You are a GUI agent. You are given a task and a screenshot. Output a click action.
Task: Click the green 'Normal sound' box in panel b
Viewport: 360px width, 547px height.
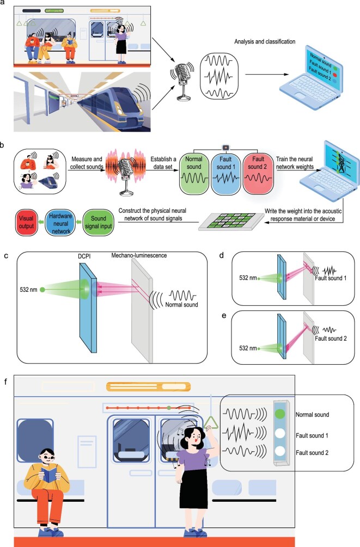pyautogui.click(x=194, y=174)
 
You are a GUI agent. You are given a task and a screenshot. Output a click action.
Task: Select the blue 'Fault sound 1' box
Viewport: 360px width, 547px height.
pyautogui.click(x=225, y=174)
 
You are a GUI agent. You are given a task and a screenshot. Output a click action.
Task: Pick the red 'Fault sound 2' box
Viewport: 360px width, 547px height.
pyautogui.click(x=258, y=174)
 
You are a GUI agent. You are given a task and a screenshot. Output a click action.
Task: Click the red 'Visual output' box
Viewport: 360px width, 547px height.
pyautogui.click(x=27, y=222)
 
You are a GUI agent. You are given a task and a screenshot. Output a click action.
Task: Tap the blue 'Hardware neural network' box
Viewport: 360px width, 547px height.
pyautogui.click(x=60, y=222)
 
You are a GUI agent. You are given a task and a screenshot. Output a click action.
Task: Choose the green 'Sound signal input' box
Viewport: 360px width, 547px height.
pyautogui.click(x=99, y=222)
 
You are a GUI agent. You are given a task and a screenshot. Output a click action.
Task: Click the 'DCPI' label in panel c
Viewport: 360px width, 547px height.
pyautogui.click(x=84, y=256)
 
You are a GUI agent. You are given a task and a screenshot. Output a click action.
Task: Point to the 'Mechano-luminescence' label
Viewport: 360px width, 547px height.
pyautogui.click(x=139, y=255)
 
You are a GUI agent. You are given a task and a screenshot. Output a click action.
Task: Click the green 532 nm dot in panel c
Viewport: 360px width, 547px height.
pyautogui.click(x=42, y=290)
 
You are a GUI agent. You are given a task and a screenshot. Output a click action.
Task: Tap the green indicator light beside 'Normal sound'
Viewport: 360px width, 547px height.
pyautogui.click(x=280, y=414)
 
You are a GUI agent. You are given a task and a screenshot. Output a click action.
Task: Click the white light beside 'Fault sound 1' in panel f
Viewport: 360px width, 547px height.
pyautogui.click(x=280, y=434)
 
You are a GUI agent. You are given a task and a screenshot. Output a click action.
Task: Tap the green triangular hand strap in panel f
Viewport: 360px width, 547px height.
pyautogui.click(x=211, y=423)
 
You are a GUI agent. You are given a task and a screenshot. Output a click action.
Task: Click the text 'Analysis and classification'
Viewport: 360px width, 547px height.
pyautogui.click(x=265, y=41)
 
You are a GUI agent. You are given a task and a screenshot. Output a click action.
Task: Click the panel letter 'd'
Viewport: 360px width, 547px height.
pyautogui.click(x=221, y=255)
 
